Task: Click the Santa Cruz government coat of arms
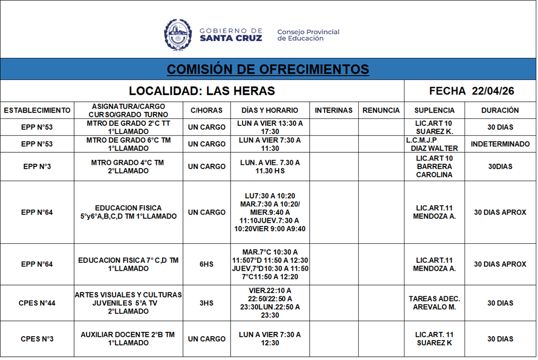coord(178,35)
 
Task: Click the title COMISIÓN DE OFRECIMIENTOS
coord(268,69)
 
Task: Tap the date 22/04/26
coord(493,91)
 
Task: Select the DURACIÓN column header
coord(500,110)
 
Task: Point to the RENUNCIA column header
coord(381,110)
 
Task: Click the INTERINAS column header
coord(333,110)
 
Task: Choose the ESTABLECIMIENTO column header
coord(37,110)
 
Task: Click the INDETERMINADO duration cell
coord(500,144)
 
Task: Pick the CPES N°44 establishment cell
coord(37,303)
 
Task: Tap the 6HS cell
coord(206,264)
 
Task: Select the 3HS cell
coord(206,303)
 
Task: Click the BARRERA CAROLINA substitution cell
coord(434,166)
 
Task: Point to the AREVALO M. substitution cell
coord(434,303)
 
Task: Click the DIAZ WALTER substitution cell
coord(434,144)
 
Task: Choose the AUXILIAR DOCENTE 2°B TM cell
coord(128,339)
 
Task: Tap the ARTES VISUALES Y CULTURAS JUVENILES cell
coord(128,303)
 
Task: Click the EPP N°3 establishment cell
coord(37,166)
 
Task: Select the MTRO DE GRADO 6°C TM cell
coord(128,144)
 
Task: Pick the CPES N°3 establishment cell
coord(37,339)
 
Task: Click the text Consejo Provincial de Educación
coord(308,35)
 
